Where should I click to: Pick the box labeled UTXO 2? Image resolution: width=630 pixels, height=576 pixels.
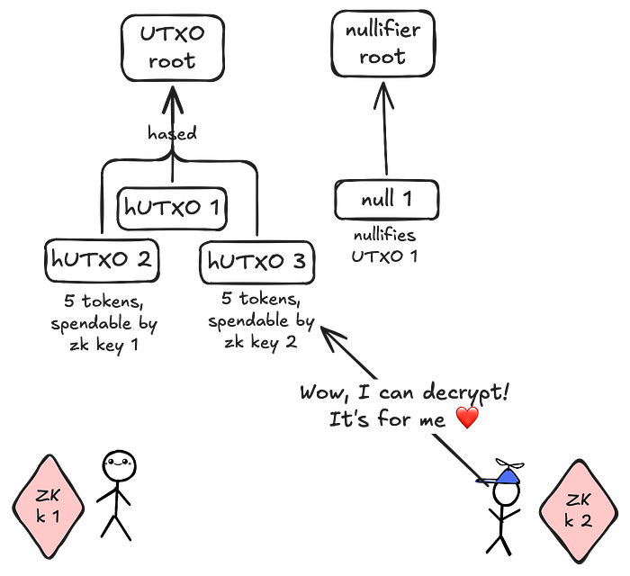pos(103,260)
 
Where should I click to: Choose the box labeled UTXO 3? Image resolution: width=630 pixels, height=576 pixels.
pos(257,262)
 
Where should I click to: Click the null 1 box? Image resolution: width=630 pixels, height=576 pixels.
pos(386,200)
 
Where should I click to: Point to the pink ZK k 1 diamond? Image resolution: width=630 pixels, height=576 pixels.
pos(49,506)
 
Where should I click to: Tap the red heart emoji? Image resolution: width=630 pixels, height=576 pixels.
pos(467,418)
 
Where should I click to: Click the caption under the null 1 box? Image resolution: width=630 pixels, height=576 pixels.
pos(386,245)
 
